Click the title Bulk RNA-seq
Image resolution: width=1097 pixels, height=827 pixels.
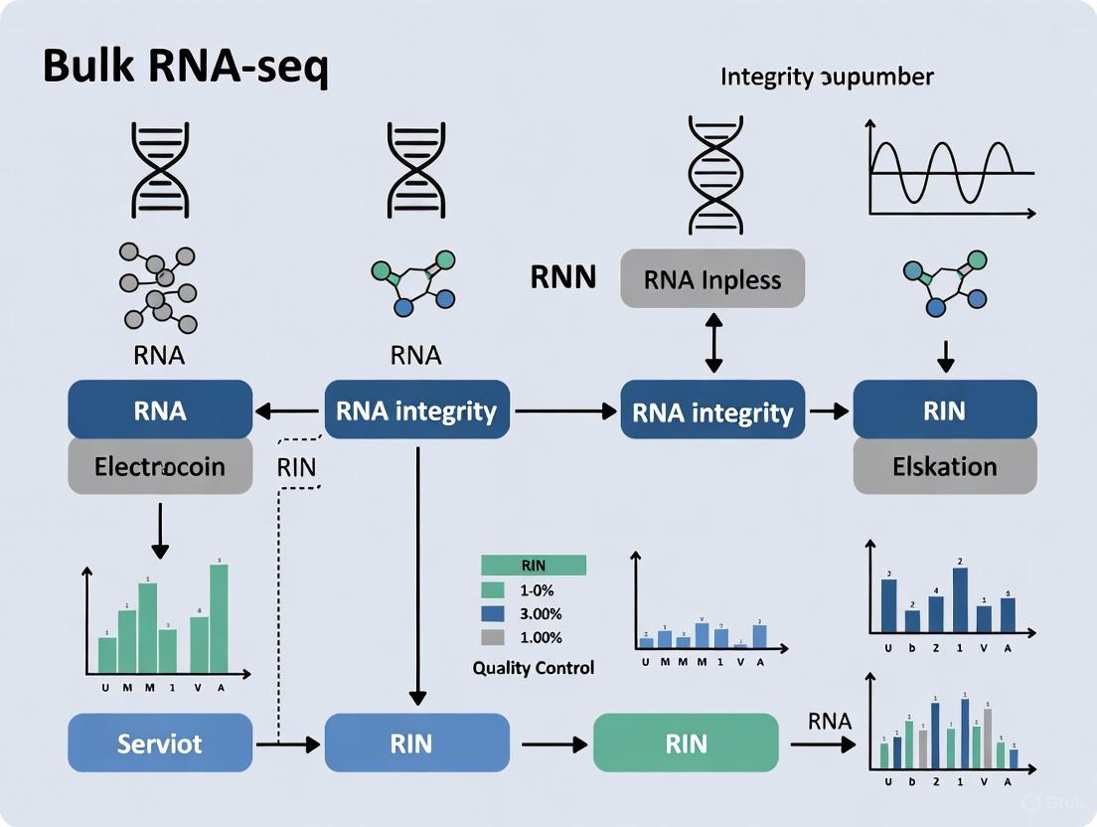coord(185,68)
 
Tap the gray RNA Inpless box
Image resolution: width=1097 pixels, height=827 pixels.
coord(712,278)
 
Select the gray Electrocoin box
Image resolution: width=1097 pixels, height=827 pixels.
coord(160,465)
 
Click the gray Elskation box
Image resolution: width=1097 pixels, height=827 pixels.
coord(945,465)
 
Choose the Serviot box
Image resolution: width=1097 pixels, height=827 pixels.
coord(160,743)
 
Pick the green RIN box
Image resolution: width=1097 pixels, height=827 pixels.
coord(686,743)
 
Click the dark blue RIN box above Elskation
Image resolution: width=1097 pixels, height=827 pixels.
coord(945,410)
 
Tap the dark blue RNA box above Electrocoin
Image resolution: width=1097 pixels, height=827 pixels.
coord(160,410)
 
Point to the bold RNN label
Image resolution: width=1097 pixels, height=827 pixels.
coord(563,277)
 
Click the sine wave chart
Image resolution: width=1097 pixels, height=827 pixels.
coord(949,167)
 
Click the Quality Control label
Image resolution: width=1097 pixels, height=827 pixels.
coord(534,668)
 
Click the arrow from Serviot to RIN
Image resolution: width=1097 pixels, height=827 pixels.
coord(288,743)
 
